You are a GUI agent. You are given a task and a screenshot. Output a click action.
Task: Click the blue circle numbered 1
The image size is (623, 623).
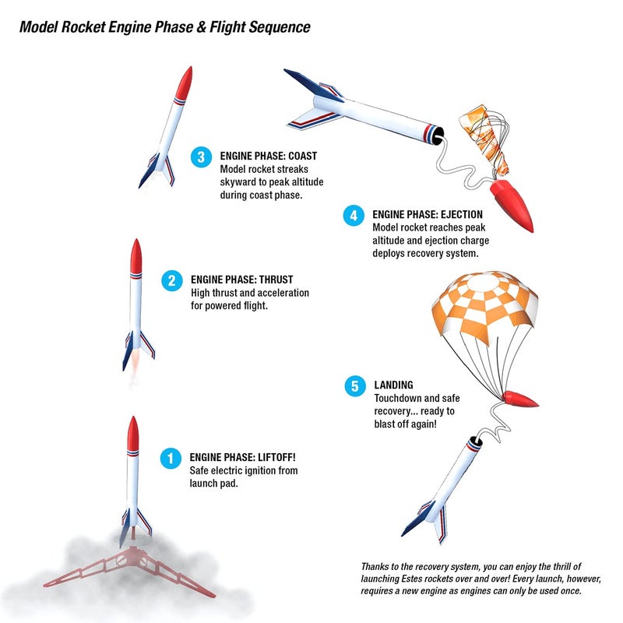click(x=171, y=458)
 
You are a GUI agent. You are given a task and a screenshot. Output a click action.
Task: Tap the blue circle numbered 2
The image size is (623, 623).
click(x=172, y=280)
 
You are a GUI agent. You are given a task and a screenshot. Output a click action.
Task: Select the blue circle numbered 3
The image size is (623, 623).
click(x=201, y=157)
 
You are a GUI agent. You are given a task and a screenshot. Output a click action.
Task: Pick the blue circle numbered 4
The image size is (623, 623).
click(x=354, y=216)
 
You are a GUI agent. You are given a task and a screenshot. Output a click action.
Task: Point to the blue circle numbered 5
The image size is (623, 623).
click(x=355, y=385)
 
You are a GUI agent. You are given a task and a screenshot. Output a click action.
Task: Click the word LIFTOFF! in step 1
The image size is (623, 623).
click(x=276, y=457)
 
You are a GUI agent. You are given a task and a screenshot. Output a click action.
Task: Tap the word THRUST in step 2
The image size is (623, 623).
click(x=276, y=280)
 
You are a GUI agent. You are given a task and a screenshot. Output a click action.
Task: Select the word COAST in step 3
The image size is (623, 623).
click(x=303, y=156)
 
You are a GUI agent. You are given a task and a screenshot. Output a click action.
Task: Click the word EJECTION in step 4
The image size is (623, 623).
click(x=462, y=215)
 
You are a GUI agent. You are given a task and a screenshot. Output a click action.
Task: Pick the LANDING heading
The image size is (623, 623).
click(x=393, y=385)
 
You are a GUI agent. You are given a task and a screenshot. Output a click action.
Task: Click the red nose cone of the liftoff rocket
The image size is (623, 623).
click(x=133, y=434)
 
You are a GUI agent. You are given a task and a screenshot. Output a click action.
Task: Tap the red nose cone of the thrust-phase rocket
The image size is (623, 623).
click(x=136, y=256)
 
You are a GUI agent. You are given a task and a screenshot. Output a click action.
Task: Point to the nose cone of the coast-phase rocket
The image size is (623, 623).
click(x=185, y=83)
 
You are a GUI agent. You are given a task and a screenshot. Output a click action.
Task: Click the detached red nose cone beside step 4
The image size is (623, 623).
click(x=512, y=204)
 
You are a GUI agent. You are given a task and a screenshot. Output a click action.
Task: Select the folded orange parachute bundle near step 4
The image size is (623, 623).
click(x=484, y=139)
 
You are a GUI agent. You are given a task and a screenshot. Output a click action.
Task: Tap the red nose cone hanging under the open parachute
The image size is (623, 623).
click(x=519, y=399)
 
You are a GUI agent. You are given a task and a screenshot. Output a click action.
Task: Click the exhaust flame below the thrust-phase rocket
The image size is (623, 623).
click(x=134, y=368)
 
